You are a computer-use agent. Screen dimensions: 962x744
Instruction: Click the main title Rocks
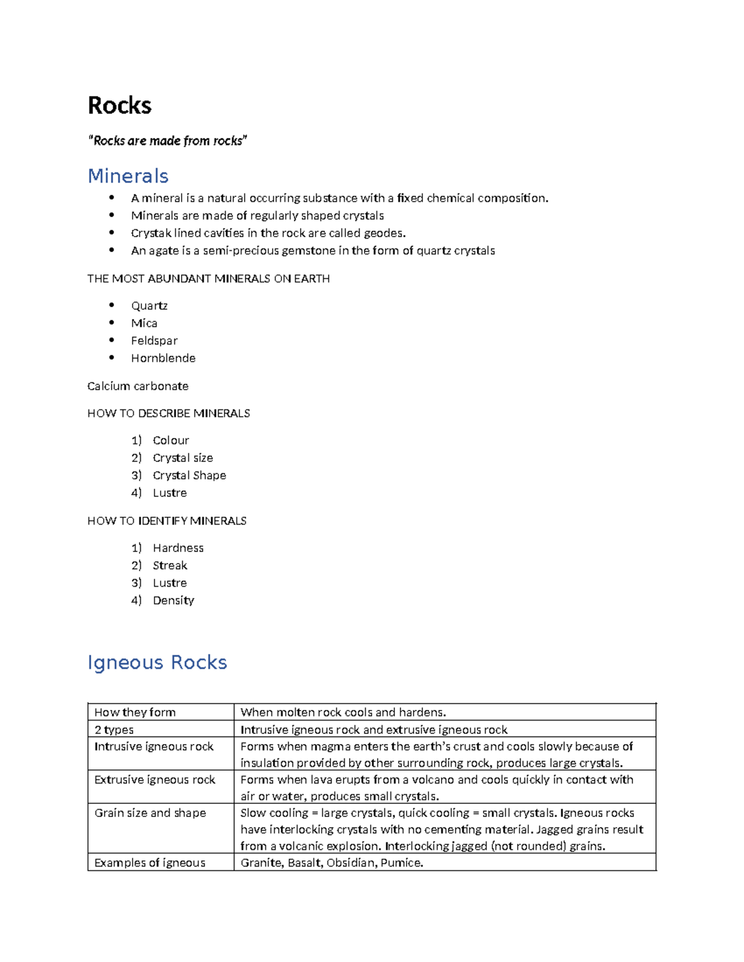point(120,105)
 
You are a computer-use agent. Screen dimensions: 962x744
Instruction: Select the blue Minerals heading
point(128,176)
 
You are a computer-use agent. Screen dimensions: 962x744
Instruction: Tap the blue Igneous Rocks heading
point(157,662)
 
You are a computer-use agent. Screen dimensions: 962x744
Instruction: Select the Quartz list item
point(149,305)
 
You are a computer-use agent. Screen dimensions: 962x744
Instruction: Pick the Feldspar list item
point(154,341)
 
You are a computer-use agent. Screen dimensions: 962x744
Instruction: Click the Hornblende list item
point(163,358)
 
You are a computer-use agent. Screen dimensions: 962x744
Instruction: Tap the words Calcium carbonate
point(138,386)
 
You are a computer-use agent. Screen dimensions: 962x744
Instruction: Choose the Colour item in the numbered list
point(170,440)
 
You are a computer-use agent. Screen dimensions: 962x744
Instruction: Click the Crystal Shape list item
point(189,475)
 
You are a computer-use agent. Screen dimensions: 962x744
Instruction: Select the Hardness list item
point(178,548)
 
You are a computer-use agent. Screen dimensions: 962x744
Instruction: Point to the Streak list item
point(170,566)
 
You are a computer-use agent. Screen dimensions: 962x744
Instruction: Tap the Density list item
point(174,600)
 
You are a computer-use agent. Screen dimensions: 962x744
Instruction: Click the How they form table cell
point(135,712)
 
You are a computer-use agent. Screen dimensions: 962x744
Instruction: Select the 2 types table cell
point(114,730)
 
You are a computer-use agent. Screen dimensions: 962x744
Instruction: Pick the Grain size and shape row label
point(150,813)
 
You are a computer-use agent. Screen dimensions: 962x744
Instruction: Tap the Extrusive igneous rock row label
point(154,779)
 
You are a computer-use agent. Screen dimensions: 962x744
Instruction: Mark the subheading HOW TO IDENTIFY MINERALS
point(167,521)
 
